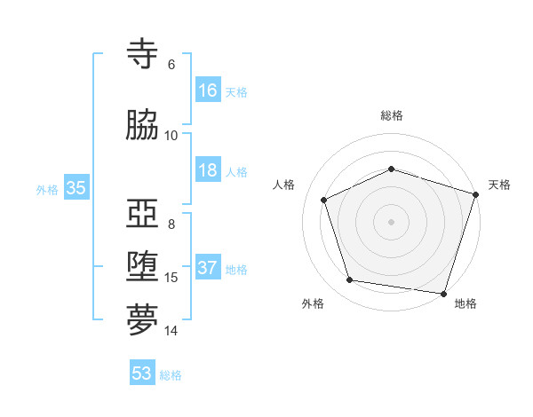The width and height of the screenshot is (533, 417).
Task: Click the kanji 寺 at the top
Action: pyautogui.click(x=143, y=55)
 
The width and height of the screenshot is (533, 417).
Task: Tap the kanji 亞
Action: pyautogui.click(x=143, y=214)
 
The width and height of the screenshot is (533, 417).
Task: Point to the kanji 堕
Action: pyautogui.click(x=143, y=267)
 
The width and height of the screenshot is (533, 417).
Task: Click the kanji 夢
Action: pyautogui.click(x=143, y=320)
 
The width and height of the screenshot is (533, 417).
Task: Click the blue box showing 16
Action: pyautogui.click(x=208, y=90)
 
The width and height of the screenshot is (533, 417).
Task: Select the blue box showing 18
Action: pyautogui.click(x=208, y=170)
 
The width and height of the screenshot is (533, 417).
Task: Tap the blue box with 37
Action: pyautogui.click(x=208, y=268)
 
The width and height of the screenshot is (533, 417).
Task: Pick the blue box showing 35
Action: pyautogui.click(x=76, y=188)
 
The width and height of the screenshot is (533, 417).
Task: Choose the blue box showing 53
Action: pyautogui.click(x=142, y=374)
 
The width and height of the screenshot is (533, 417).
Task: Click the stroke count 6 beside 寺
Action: pyautogui.click(x=171, y=65)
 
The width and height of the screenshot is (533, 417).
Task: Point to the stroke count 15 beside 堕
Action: pyautogui.click(x=171, y=278)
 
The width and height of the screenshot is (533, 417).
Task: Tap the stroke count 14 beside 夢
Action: pyautogui.click(x=171, y=331)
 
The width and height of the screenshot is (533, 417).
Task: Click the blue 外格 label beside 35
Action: pyautogui.click(x=47, y=189)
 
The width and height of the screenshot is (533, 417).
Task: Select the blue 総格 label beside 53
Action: pyautogui.click(x=171, y=374)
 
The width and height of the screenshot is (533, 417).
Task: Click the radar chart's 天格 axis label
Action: pyautogui.click(x=499, y=185)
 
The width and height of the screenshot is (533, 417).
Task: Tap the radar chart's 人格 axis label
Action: pyautogui.click(x=283, y=185)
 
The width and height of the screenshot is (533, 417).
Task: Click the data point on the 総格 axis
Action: pyautogui.click(x=391, y=169)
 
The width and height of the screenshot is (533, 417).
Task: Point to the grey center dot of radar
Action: pyautogui.click(x=391, y=222)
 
